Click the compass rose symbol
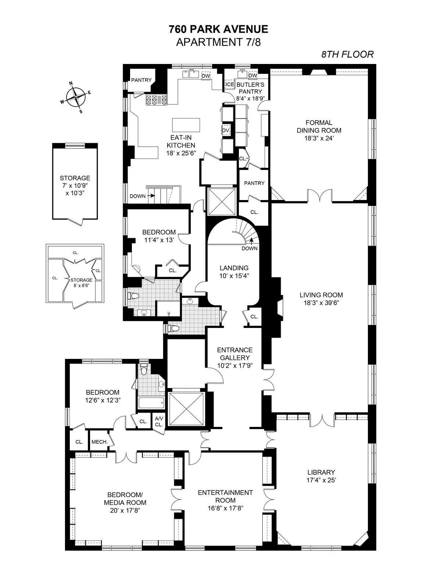click(x=76, y=97)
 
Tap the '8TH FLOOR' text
click(x=347, y=54)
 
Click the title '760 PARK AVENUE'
click(x=218, y=29)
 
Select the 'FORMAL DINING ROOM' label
click(x=319, y=126)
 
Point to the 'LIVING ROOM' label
click(x=321, y=295)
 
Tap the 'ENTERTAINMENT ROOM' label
click(x=225, y=496)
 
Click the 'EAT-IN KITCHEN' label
click(x=180, y=141)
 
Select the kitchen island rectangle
click(x=186, y=125)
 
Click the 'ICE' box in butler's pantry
click(x=230, y=85)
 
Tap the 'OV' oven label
click(x=225, y=130)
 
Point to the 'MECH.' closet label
click(x=99, y=442)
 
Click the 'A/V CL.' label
click(x=159, y=421)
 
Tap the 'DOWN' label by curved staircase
click(x=250, y=248)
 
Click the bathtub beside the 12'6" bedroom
click(x=151, y=403)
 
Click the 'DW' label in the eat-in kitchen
click(x=206, y=76)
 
